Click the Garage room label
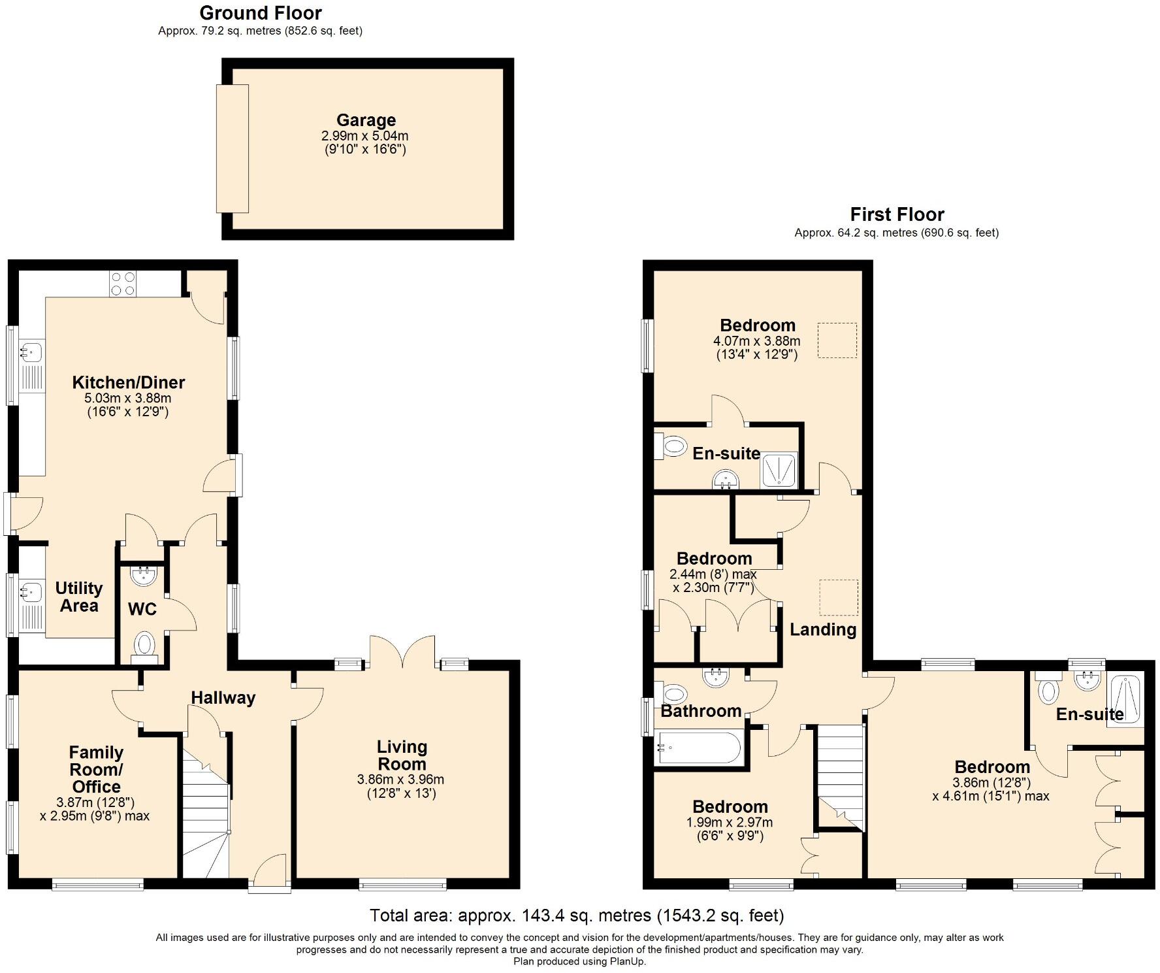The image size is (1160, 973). coord(366,120)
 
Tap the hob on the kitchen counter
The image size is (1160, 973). coord(123,284)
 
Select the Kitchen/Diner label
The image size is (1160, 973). coord(129,382)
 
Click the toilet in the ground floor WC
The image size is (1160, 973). coord(144,646)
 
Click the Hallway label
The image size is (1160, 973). coord(223,698)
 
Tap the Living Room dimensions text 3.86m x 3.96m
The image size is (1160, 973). coord(400,780)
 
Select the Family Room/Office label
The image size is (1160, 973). coord(96,770)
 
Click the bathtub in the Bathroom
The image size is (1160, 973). coord(699,748)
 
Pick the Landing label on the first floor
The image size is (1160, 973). coord(823,629)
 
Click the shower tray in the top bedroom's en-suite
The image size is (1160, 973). coord(779,470)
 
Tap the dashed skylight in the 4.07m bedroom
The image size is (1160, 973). coord(837,340)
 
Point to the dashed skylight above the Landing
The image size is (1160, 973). coord(839,598)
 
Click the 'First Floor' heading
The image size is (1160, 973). coord(897,214)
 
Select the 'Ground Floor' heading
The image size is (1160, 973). coord(261,13)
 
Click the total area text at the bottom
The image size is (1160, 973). coord(577,915)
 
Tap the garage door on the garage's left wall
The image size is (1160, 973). coord(233,148)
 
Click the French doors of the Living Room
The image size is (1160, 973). coord(402,652)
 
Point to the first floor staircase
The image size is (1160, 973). coord(840,778)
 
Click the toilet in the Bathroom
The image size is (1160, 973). coord(672,693)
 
